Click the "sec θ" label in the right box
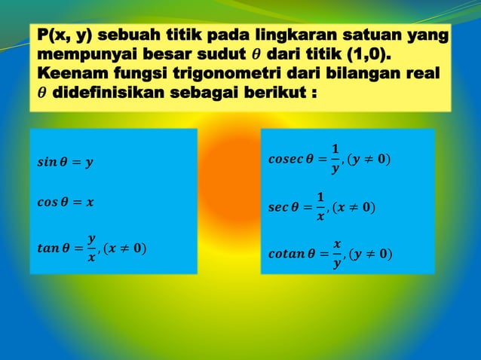(281, 208)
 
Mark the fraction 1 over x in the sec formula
(320, 208)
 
